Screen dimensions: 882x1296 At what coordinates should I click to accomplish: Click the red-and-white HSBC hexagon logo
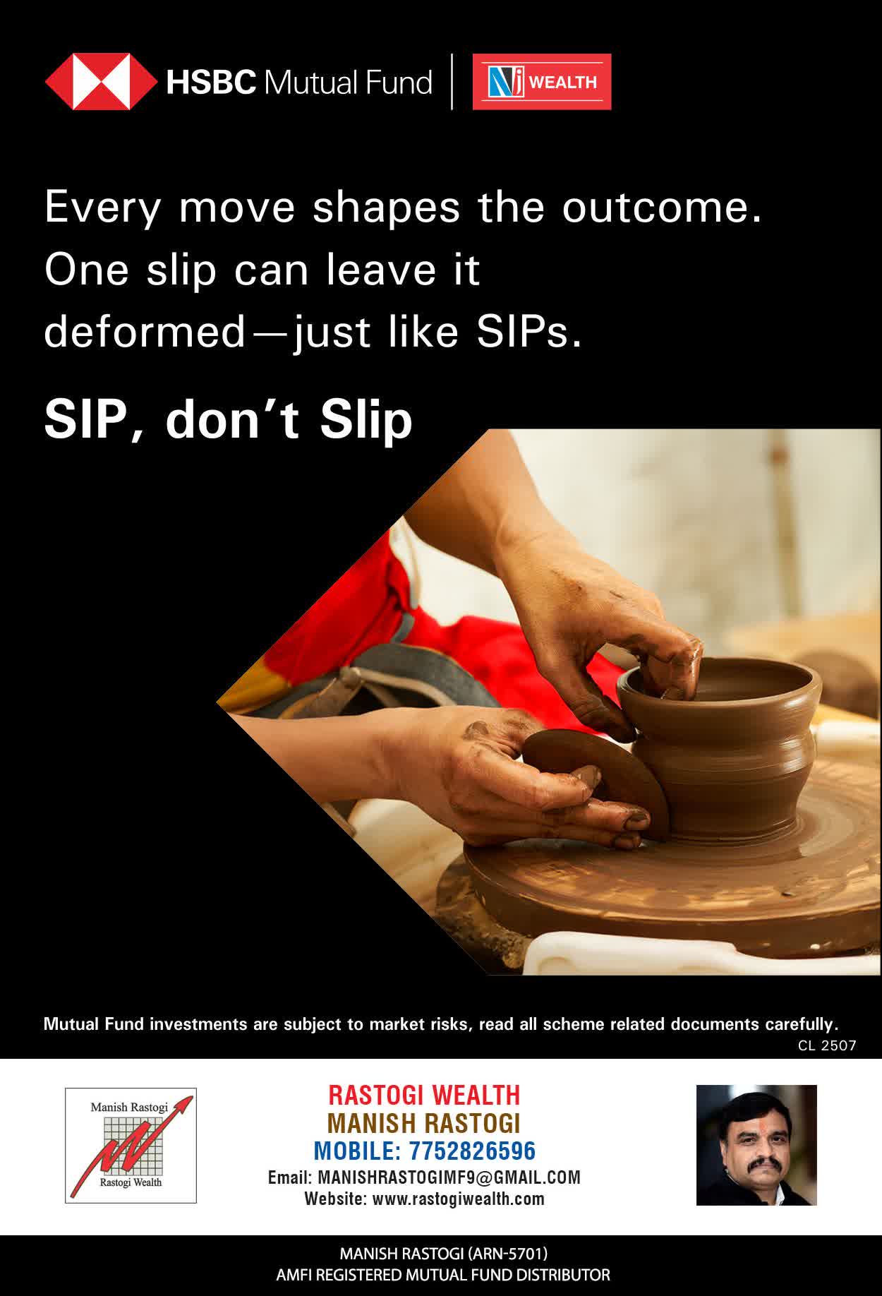click(101, 82)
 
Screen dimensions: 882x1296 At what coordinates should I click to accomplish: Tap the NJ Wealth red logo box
click(542, 82)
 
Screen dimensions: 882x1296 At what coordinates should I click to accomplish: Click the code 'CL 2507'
click(827, 1045)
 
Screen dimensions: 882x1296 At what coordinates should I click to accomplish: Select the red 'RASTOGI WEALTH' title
click(424, 1095)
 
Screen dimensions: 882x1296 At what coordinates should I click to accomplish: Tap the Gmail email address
click(449, 1177)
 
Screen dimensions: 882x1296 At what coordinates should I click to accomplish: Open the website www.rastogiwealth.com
click(458, 1199)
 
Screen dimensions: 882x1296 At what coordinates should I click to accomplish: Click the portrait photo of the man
click(756, 1145)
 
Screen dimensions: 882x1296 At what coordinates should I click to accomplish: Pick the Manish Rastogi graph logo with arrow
click(131, 1145)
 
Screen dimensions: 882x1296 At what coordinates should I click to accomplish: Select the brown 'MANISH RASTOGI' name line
click(424, 1123)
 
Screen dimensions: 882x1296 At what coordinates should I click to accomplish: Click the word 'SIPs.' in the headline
click(529, 332)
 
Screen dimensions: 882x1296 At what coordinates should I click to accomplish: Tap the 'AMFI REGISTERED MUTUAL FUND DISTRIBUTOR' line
click(443, 1275)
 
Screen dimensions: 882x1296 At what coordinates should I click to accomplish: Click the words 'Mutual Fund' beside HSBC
click(348, 82)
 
